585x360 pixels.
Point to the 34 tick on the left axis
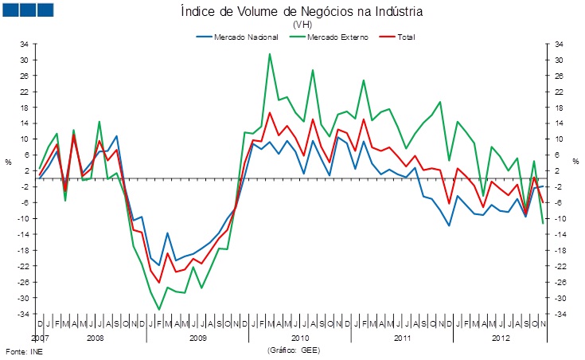tap(24, 44)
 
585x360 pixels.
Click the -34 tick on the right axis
tap(560, 314)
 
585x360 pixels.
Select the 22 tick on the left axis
tap(24, 92)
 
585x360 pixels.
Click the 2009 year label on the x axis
tap(197, 338)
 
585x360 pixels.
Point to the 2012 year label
tap(501, 338)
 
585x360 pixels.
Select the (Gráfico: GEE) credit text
tap(298, 350)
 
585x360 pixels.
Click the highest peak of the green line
tap(270, 54)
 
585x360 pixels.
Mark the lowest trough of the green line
tap(159, 309)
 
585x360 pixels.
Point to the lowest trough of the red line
tap(159, 282)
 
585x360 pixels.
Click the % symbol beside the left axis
tap(9, 162)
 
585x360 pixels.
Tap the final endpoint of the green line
tap(543, 223)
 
